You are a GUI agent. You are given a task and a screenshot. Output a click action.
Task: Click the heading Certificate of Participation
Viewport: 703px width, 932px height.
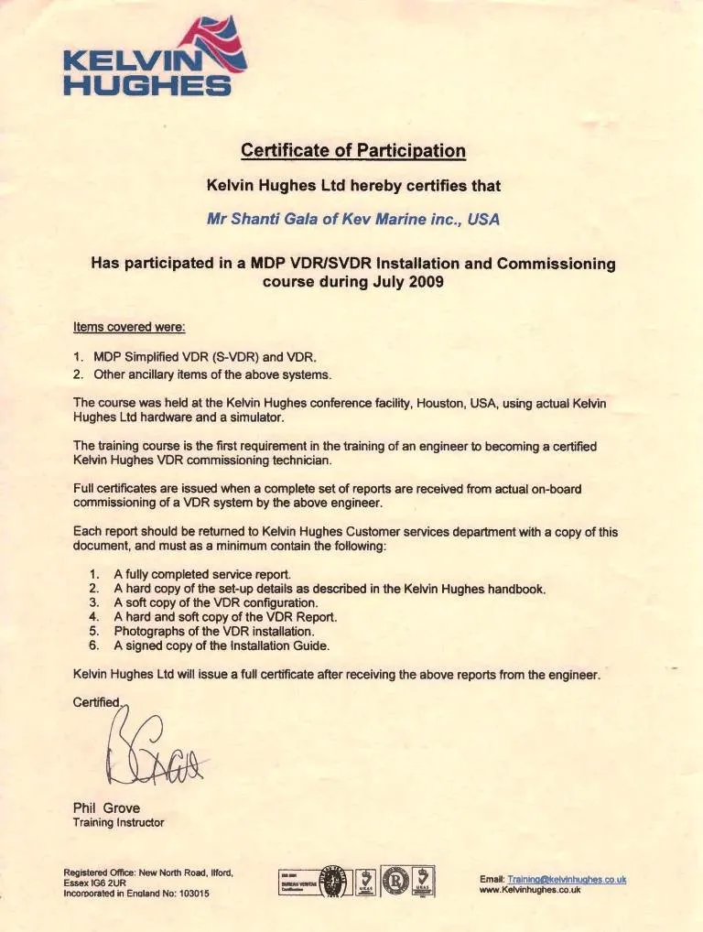point(352,150)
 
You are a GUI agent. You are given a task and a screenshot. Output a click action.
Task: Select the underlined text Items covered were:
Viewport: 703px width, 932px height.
point(129,327)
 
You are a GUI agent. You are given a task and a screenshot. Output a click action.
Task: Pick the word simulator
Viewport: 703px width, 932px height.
point(260,417)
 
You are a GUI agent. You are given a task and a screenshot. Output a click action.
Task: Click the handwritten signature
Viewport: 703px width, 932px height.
point(146,751)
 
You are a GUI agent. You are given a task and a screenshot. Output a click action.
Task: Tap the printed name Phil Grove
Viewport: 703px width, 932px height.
point(105,807)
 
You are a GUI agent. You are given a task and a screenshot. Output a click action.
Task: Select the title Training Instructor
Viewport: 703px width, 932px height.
point(118,822)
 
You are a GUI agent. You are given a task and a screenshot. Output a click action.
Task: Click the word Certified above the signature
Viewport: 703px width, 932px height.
point(96,701)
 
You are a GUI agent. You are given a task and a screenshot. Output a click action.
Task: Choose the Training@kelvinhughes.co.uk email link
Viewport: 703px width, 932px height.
point(567,879)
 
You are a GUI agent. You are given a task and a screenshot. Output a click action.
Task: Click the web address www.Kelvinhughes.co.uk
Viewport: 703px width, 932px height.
point(530,890)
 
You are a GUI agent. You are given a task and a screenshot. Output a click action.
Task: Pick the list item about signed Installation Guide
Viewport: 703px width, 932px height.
point(222,645)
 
